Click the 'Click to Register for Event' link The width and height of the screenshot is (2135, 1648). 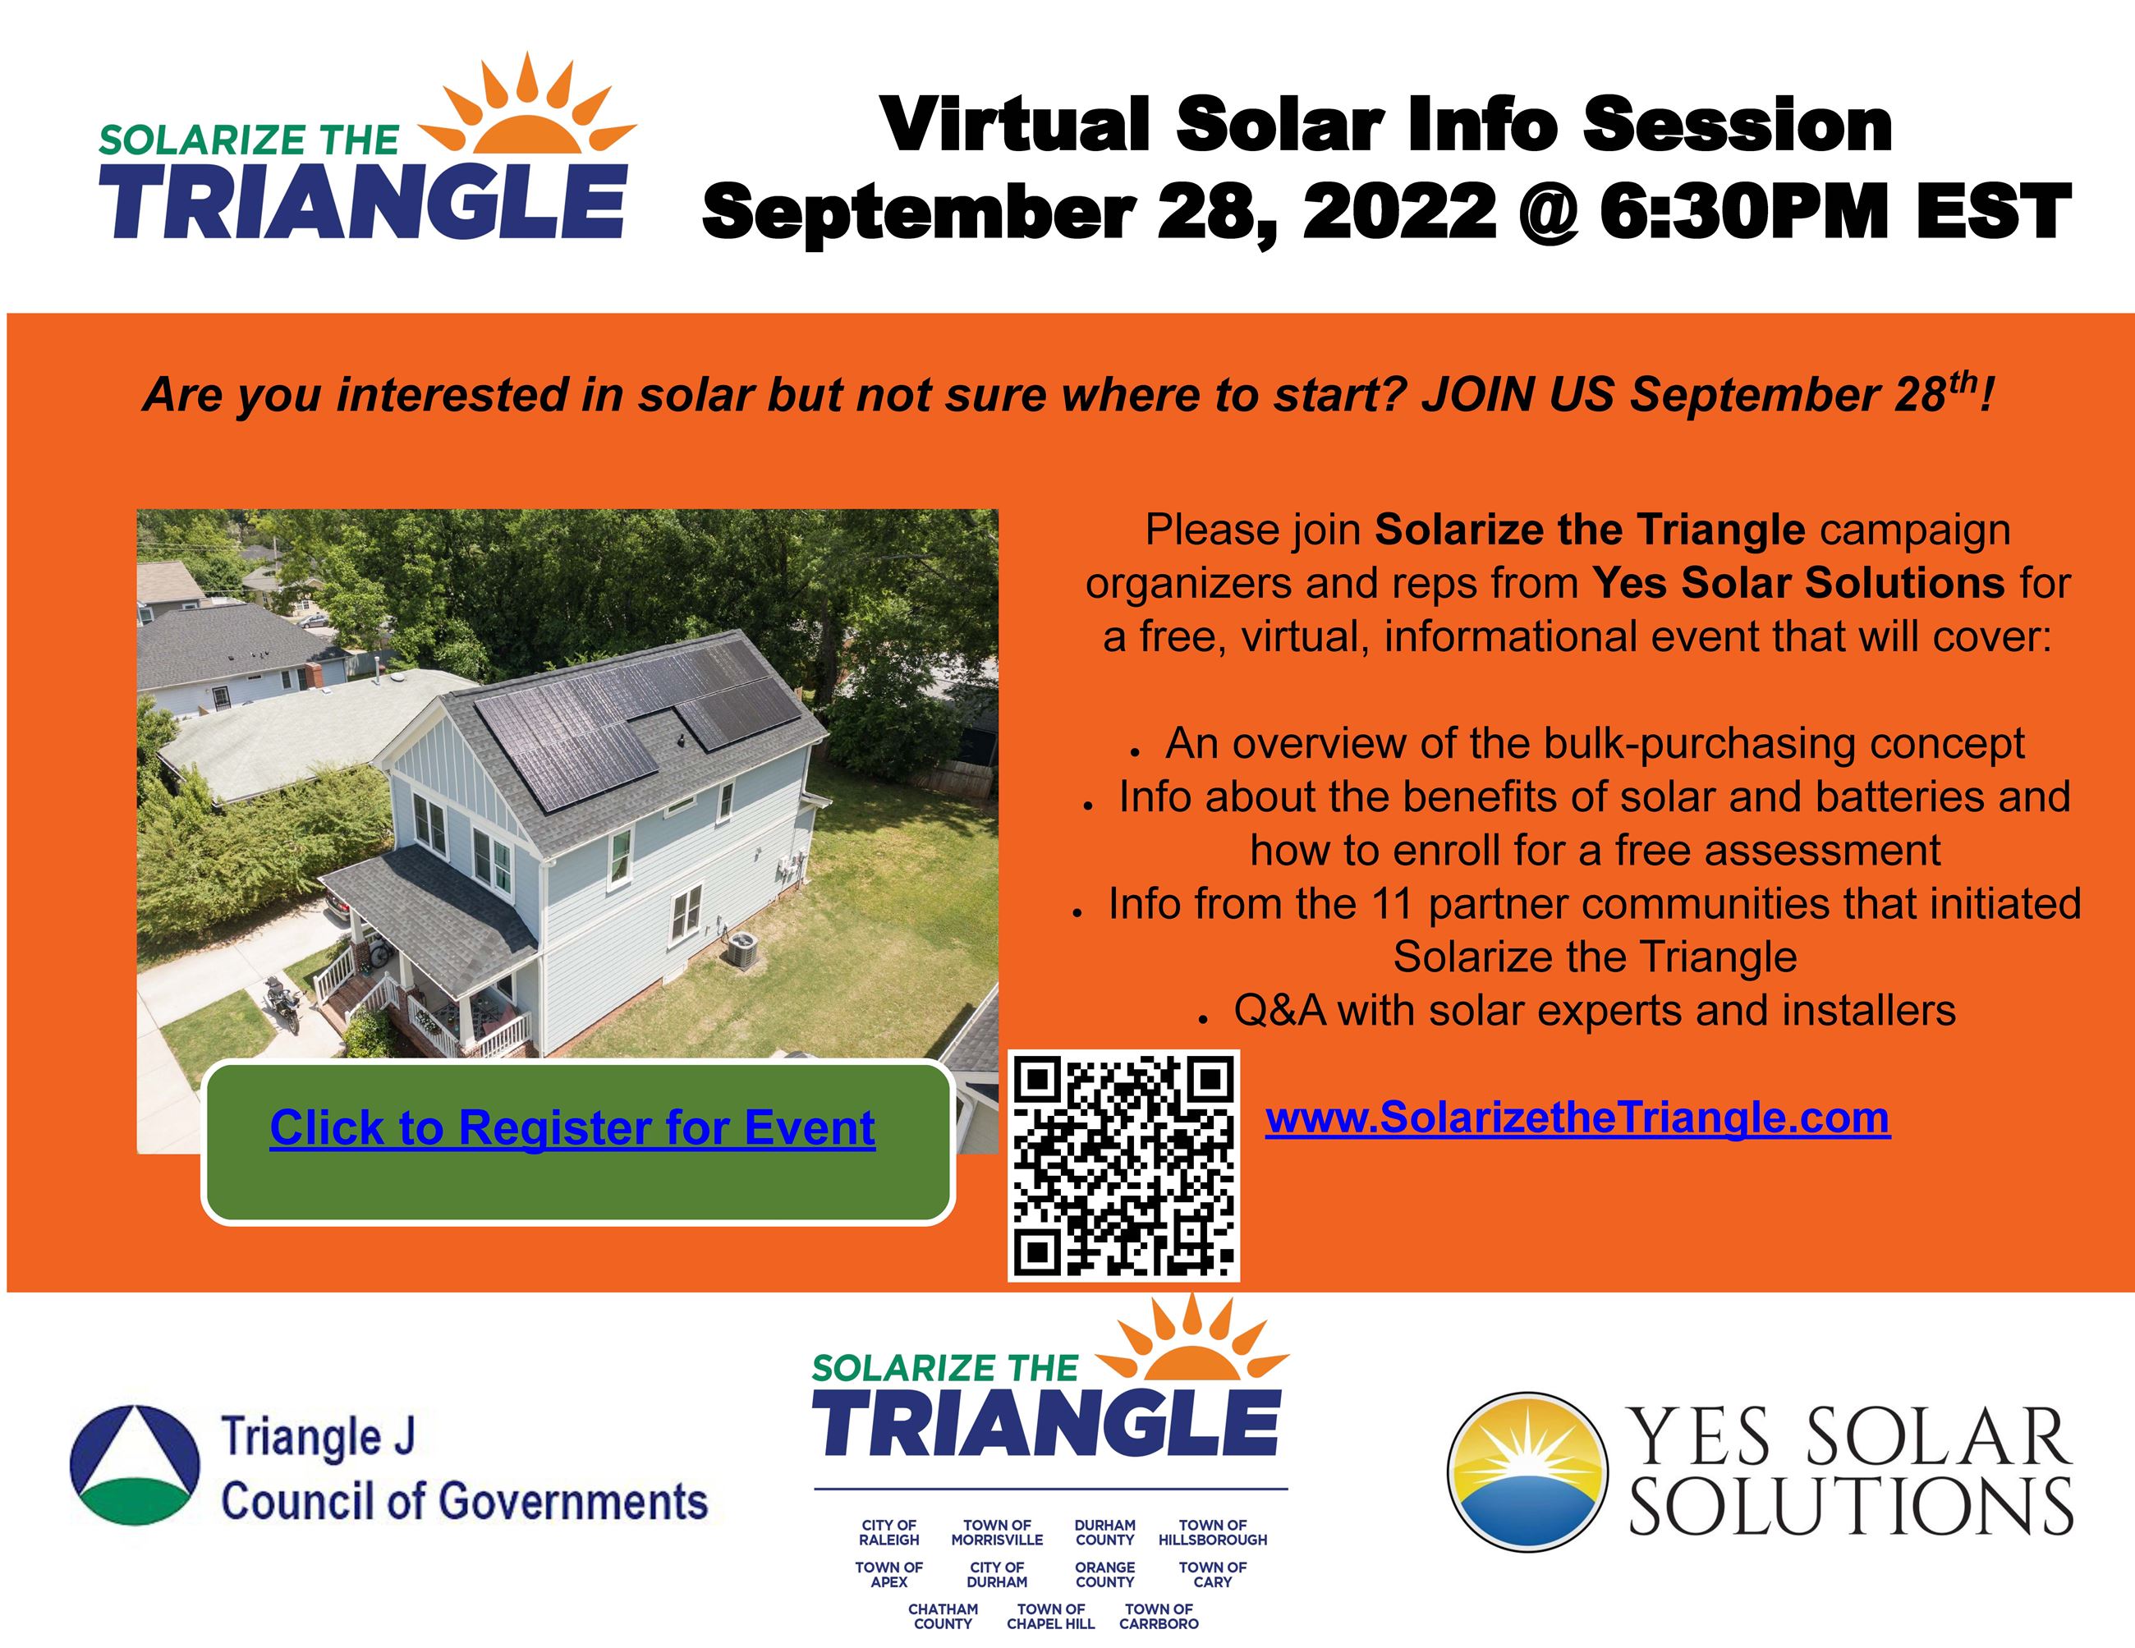(x=572, y=1128)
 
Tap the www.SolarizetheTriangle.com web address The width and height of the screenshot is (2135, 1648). (x=1577, y=1118)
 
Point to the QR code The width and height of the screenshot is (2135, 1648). (x=1123, y=1165)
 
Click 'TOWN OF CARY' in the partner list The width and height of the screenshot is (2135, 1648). (x=1212, y=1575)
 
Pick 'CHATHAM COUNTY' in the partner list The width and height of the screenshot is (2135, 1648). (x=943, y=1617)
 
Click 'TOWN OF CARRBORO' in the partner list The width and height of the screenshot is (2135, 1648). (x=1159, y=1617)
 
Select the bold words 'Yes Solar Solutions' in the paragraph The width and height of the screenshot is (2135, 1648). (x=1798, y=584)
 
